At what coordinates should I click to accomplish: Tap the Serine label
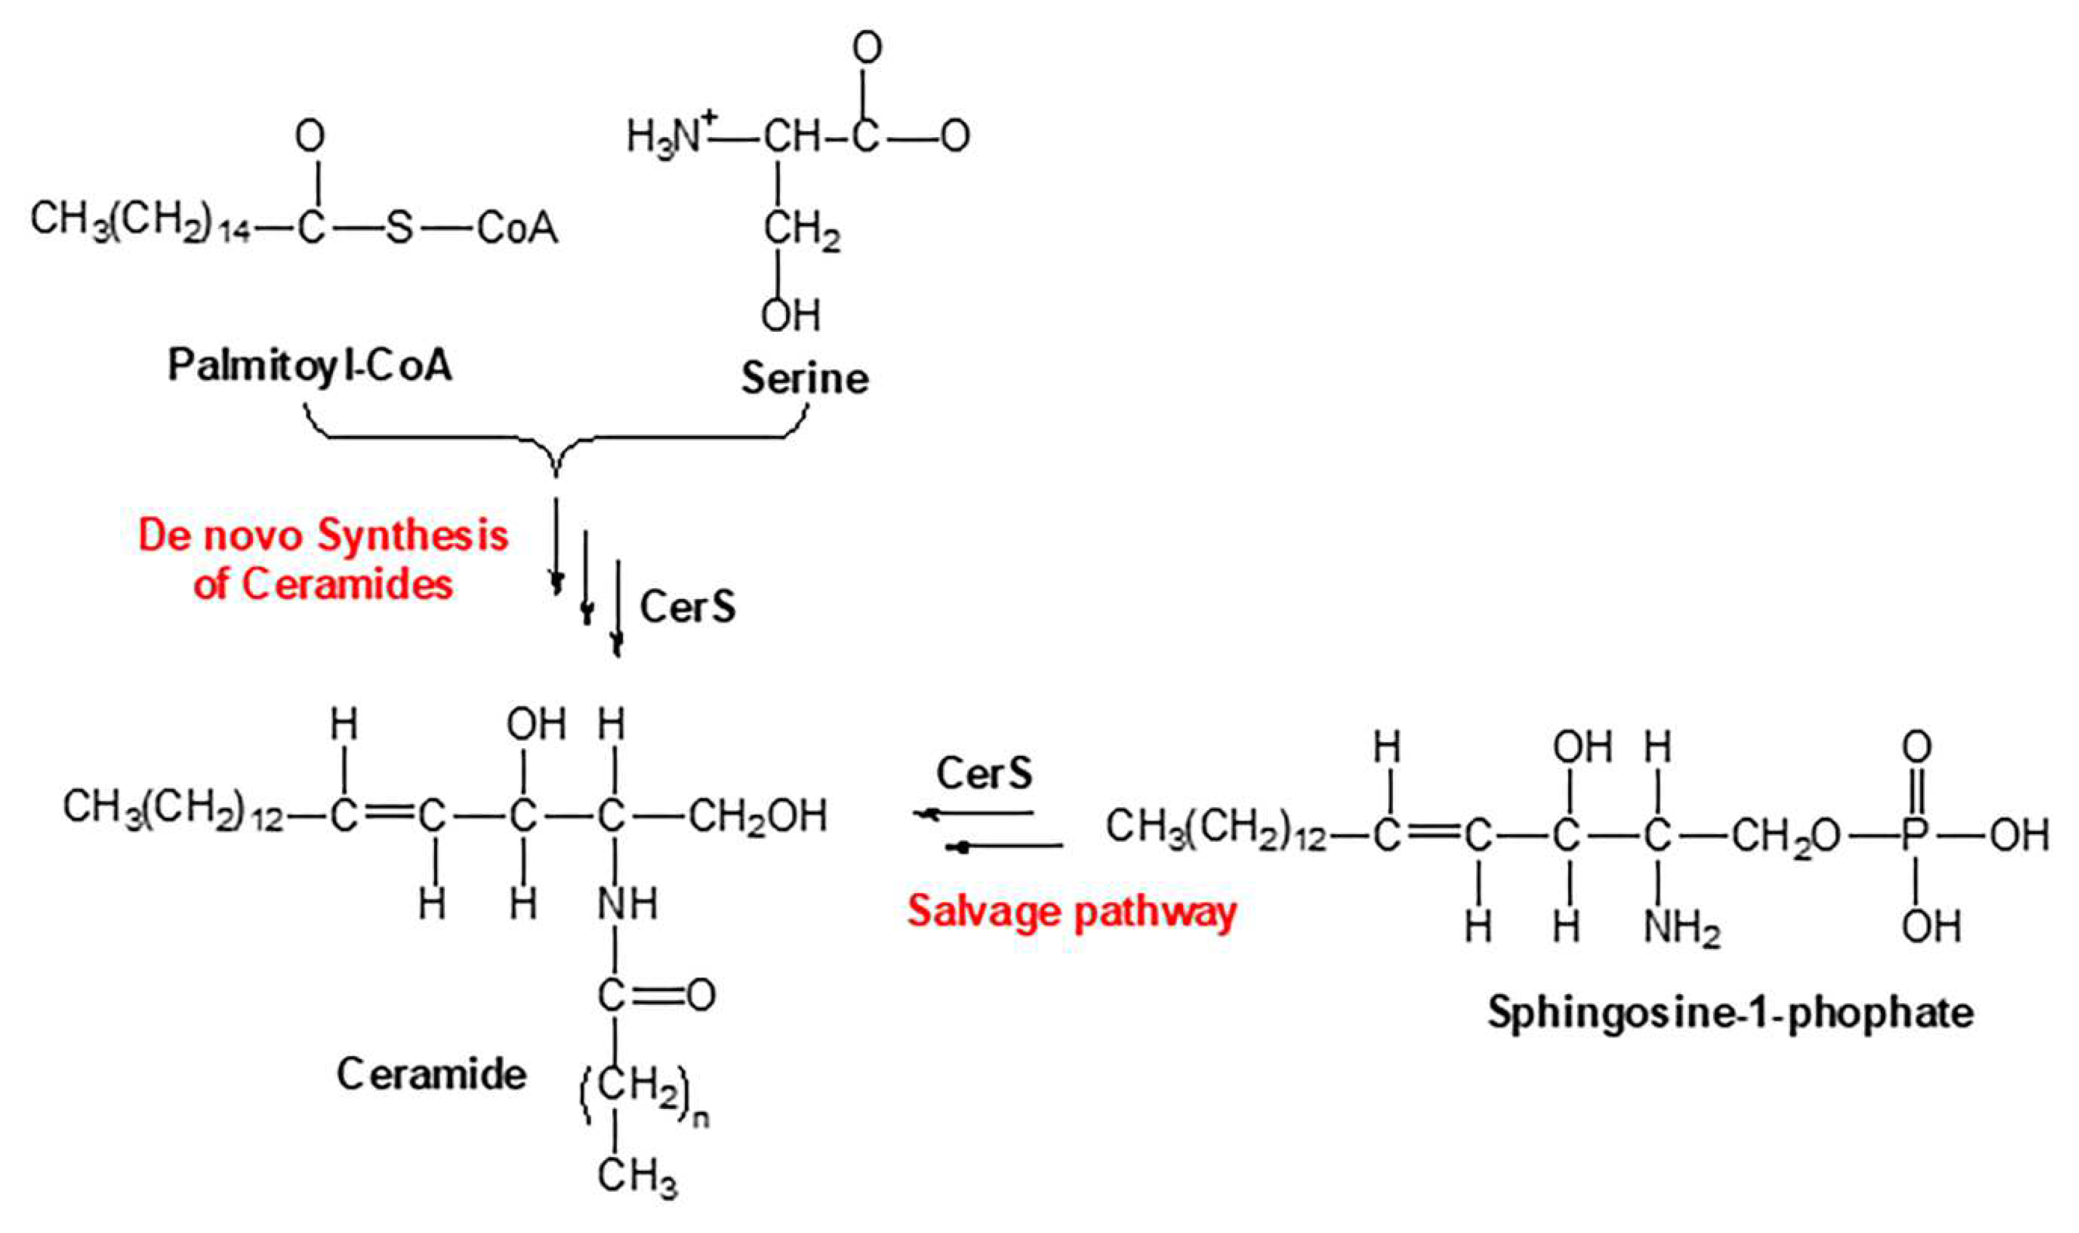[804, 379]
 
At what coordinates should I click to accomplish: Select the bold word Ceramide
[431, 1074]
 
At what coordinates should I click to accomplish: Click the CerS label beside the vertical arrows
[687, 607]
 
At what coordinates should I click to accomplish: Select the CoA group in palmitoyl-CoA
[517, 228]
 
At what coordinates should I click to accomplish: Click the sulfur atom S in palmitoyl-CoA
[399, 228]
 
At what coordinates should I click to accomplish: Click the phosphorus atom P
[1914, 835]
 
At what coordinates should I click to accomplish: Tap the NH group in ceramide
[627, 903]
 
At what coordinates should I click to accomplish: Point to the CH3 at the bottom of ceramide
[637, 1177]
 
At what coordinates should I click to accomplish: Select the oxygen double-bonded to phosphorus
[1916, 748]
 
